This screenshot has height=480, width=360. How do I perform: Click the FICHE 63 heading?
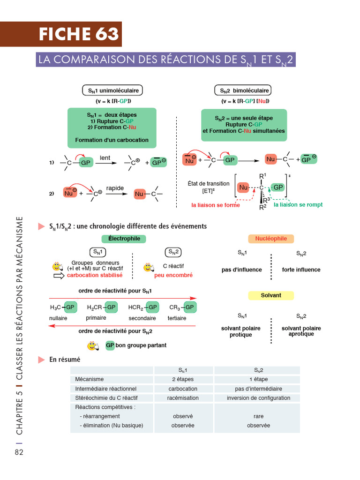pos(79,34)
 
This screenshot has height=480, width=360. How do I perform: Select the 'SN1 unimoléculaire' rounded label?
pos(113,90)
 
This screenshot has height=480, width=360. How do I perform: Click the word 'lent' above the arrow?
pos(105,158)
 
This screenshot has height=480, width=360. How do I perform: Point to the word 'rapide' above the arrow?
pos(115,188)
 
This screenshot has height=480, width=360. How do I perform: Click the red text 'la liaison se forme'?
pos(216,205)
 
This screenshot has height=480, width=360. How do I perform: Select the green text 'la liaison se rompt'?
pos(298,205)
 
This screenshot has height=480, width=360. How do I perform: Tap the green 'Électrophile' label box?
pos(124,239)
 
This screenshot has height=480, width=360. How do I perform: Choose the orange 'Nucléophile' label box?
pos(271,239)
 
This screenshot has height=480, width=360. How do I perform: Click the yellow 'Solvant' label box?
pos(271,295)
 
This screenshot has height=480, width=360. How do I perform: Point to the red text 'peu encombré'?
pos(173,276)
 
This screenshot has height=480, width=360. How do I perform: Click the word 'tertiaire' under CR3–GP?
pos(177,318)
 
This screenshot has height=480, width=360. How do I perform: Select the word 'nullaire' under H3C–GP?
pos(58,318)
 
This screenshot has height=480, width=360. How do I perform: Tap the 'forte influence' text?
pos(301,270)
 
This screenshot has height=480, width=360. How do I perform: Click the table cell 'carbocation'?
pos(183,389)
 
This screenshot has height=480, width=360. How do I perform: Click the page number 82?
pos(19,452)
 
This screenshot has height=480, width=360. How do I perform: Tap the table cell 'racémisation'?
pos(183,398)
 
